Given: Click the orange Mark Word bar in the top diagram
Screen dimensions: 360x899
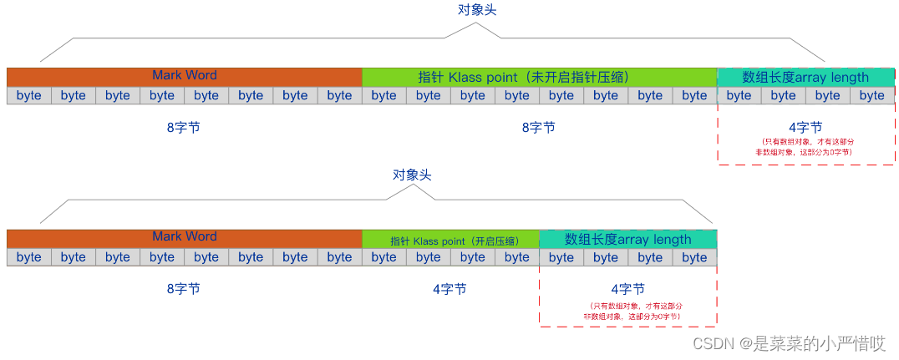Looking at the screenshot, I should click(x=184, y=76).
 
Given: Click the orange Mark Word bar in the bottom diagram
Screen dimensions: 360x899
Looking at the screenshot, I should click(x=184, y=237).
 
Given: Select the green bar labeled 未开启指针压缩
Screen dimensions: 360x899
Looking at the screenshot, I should click(x=539, y=77).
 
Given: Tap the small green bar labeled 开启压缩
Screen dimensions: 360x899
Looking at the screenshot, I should click(x=450, y=240).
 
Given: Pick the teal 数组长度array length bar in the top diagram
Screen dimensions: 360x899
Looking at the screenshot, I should click(x=805, y=77).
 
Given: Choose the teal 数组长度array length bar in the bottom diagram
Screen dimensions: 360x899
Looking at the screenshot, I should click(x=627, y=239).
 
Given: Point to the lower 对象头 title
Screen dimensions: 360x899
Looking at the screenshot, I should click(x=412, y=175).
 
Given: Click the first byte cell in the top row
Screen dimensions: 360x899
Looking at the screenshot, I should click(x=28, y=95).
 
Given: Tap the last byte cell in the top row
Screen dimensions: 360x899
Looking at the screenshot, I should click(x=871, y=95).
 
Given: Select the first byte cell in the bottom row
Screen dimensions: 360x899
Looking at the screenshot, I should click(x=28, y=257).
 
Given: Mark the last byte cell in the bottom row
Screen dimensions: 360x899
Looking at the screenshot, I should click(x=694, y=257).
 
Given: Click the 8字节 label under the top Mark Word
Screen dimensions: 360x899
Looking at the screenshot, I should click(x=183, y=128).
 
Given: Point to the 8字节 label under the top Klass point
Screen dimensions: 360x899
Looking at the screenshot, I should click(x=538, y=128).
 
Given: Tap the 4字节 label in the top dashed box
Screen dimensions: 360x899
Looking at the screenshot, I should click(x=805, y=128).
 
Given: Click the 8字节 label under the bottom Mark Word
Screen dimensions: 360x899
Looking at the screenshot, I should click(x=183, y=289).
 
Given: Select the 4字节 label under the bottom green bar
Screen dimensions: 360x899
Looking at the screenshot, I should click(x=450, y=289).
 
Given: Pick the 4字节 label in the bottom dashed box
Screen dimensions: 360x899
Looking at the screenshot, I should click(x=627, y=289).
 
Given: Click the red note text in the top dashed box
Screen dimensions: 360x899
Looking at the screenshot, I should click(x=805, y=147).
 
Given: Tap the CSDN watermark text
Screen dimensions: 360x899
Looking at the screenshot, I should click(x=790, y=343).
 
